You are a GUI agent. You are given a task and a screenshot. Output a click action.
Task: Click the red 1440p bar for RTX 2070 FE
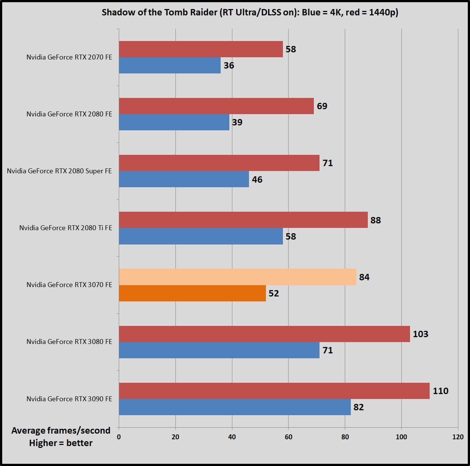pyautogui.click(x=201, y=49)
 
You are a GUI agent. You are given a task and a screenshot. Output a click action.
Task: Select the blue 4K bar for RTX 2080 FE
pyautogui.click(x=174, y=122)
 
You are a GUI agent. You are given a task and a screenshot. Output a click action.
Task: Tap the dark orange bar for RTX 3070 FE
pyautogui.click(x=192, y=293)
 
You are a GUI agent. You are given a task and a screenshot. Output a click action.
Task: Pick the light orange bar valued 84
pyautogui.click(x=237, y=277)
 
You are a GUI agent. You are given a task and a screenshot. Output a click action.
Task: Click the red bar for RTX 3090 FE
pyautogui.click(x=274, y=391)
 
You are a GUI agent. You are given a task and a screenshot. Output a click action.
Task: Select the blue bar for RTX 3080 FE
pyautogui.click(x=219, y=350)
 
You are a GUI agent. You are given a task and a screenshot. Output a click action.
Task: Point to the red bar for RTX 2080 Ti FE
pyautogui.click(x=243, y=220)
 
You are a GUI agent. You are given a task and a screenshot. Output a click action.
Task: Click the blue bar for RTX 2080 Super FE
pyautogui.click(x=184, y=179)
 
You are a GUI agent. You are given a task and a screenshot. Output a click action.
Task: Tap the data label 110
pyautogui.click(x=440, y=391)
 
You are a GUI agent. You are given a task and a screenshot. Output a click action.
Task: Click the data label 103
pyautogui.click(x=420, y=334)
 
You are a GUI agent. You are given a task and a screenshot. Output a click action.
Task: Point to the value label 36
pyautogui.click(x=229, y=65)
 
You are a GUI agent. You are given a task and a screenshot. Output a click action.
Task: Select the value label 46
pyautogui.click(x=257, y=179)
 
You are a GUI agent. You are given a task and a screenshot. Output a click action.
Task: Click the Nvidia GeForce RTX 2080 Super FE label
pyautogui.click(x=59, y=171)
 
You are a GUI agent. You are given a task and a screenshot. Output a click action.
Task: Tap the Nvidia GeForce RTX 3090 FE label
pyautogui.click(x=69, y=399)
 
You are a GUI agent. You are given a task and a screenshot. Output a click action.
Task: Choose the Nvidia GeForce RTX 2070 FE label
pyautogui.click(x=69, y=57)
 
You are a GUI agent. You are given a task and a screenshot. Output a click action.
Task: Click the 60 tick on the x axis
pyautogui.click(x=288, y=437)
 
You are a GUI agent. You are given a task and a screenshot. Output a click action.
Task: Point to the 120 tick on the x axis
pyautogui.click(x=458, y=437)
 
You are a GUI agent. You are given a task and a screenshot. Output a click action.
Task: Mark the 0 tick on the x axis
pyautogui.click(x=119, y=437)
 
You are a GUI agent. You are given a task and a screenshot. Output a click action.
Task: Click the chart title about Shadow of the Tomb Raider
pyautogui.click(x=250, y=12)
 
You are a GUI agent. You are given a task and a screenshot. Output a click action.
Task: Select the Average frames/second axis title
pyautogui.click(x=61, y=430)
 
